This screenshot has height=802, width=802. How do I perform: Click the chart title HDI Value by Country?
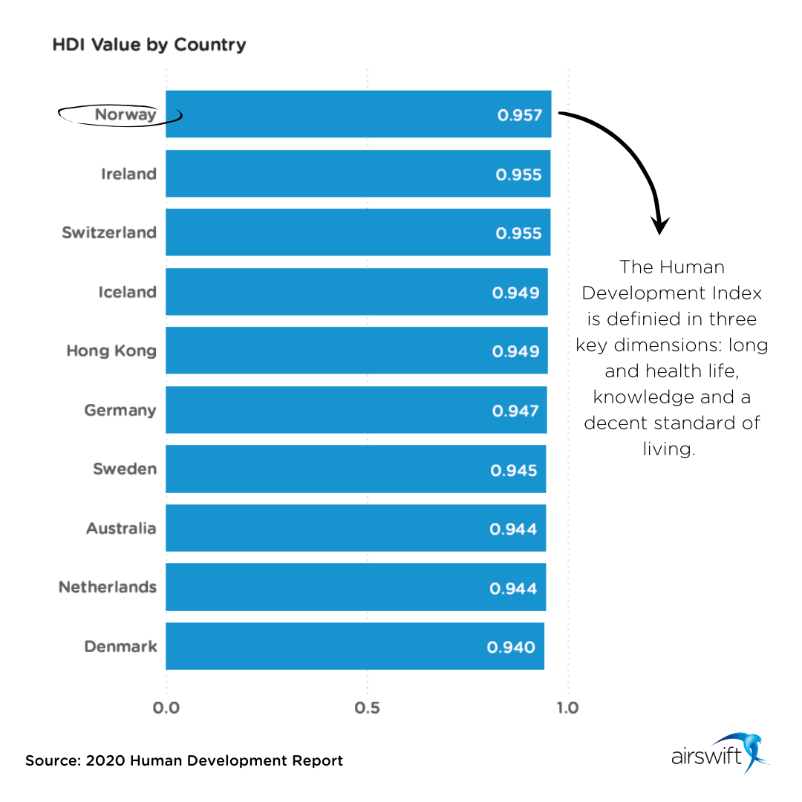pos(149,45)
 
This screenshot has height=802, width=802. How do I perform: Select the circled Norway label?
pos(125,115)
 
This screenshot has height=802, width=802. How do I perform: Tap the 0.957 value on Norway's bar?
pos(520,115)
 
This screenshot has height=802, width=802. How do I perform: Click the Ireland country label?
pos(129,174)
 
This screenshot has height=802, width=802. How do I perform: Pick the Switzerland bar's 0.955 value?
pos(518,232)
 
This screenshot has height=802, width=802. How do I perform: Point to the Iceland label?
pos(127,292)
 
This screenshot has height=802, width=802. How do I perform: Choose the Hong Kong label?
pos(111,351)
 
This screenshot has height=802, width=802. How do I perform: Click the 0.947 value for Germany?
pos(515,410)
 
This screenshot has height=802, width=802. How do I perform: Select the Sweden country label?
pos(125,469)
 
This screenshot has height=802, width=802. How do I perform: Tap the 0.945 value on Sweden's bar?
pos(514,470)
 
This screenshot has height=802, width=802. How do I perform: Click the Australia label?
pos(121,528)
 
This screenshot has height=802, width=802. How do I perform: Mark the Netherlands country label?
pos(108,587)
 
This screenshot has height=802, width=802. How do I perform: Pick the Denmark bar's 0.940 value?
pos(511,647)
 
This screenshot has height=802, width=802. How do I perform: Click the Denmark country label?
pos(120,646)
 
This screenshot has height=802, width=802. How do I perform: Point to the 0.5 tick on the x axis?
pos(367,708)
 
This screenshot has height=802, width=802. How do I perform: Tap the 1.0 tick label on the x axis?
pos(567,708)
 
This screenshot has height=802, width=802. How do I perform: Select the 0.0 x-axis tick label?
pos(166,708)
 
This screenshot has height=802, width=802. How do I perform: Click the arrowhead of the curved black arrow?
pos(659,225)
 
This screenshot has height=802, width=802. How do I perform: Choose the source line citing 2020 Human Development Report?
pos(184,761)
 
